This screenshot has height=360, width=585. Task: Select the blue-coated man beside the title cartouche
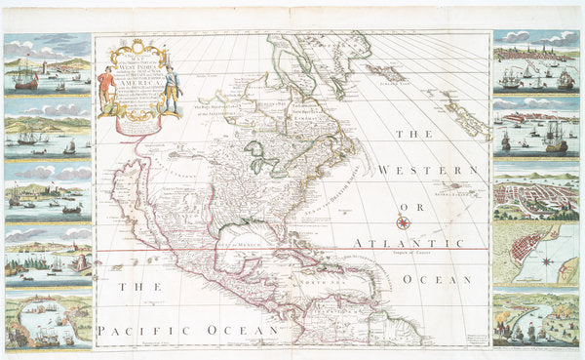[x=173, y=87]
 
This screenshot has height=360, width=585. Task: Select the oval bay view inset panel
[x=48, y=321]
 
